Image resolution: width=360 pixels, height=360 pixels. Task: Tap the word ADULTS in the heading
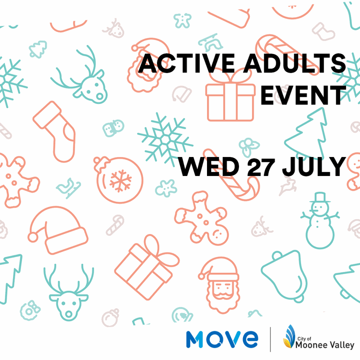(295, 63)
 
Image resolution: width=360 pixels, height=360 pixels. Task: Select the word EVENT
(303, 95)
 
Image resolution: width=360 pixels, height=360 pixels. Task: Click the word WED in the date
(208, 166)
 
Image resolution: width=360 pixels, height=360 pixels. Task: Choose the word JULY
(314, 166)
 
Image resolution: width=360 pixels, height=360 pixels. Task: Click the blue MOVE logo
(222, 339)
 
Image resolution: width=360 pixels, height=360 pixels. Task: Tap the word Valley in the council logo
(342, 345)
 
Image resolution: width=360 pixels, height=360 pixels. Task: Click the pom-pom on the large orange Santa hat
(33, 237)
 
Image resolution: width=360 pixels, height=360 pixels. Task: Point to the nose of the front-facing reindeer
(69, 314)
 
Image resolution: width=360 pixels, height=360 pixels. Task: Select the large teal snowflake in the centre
(165, 139)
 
